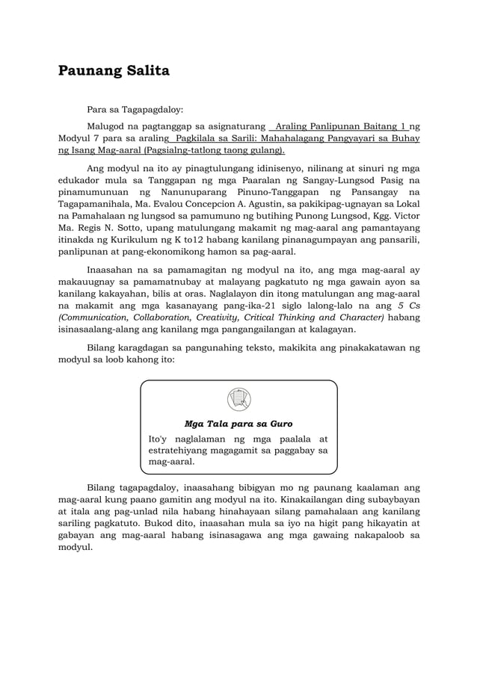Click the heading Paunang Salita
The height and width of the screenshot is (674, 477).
(114, 71)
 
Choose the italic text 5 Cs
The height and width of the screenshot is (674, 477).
(409, 306)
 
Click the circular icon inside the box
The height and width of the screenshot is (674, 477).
(238, 399)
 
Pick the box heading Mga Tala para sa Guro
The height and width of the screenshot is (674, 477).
(238, 424)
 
